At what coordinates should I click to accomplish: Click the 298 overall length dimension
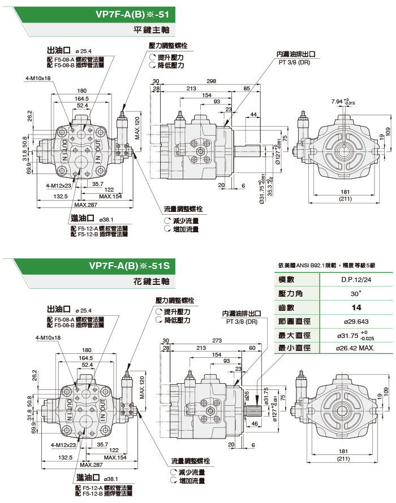point(212,81)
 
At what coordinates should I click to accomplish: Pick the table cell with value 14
point(355,307)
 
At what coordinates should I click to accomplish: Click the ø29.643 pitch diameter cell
point(355,321)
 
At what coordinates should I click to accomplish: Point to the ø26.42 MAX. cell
point(355,348)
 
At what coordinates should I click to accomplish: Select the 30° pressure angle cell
point(355,294)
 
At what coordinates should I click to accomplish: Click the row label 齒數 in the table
point(287,307)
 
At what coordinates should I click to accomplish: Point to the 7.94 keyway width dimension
point(341,102)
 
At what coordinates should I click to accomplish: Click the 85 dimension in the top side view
point(247,89)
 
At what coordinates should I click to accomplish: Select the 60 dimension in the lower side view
point(252,348)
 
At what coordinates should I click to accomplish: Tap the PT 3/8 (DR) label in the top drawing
point(294,62)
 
